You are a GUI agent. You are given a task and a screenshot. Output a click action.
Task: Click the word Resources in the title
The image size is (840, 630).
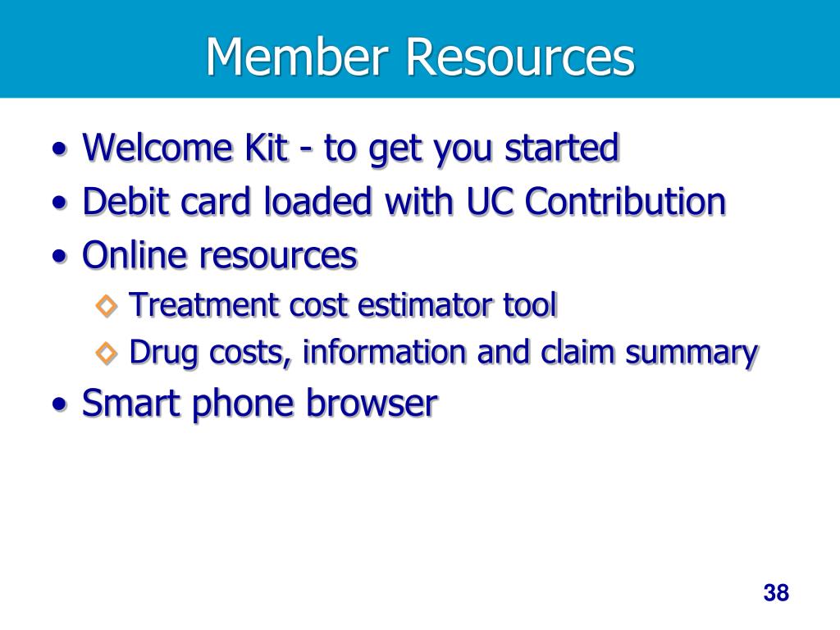(x=519, y=57)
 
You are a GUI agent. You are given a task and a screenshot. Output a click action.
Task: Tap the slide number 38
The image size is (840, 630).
(x=775, y=592)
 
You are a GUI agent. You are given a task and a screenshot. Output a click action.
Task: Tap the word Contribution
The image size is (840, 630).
(x=626, y=202)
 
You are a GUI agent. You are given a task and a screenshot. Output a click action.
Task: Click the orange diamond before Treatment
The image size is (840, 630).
(x=107, y=306)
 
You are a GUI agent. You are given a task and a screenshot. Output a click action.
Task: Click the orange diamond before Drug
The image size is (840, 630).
(x=107, y=354)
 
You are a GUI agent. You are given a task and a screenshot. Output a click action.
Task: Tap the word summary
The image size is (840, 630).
(x=691, y=354)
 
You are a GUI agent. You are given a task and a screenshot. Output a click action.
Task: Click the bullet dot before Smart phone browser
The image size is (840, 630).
(x=58, y=404)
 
